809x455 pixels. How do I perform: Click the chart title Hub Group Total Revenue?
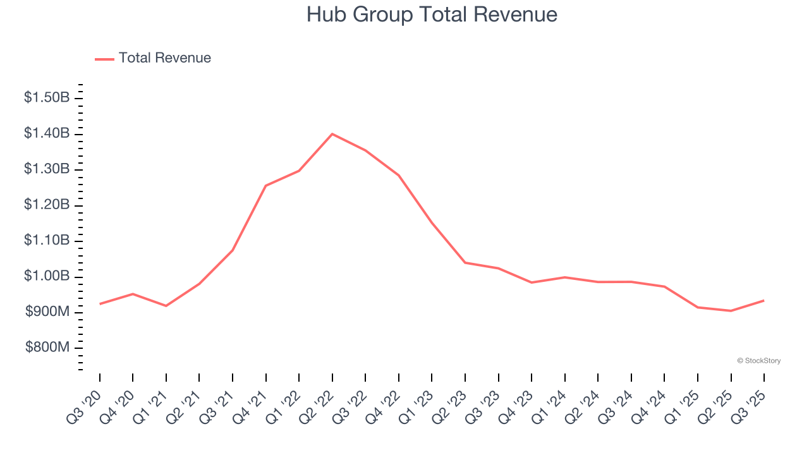click(432, 15)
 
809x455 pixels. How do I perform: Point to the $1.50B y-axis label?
click(47, 98)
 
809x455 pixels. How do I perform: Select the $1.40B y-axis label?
click(47, 133)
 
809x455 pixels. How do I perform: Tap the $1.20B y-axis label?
click(47, 205)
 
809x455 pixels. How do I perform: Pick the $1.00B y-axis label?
click(47, 276)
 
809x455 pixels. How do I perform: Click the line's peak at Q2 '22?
click(332, 134)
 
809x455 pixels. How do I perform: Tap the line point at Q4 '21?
click(266, 186)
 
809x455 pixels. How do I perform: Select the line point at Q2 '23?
click(465, 262)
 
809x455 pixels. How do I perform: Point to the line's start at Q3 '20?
click(100, 304)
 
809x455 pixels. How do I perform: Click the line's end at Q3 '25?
click(764, 300)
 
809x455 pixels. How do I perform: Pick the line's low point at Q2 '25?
click(731, 311)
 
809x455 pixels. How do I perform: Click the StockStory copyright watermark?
click(758, 361)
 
